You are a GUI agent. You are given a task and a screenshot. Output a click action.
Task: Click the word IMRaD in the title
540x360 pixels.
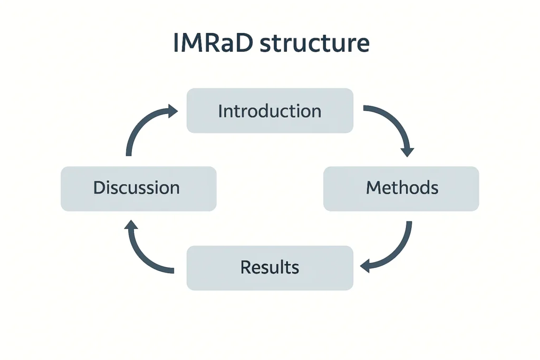coord(214,44)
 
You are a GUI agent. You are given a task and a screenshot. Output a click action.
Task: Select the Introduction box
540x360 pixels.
coord(269,111)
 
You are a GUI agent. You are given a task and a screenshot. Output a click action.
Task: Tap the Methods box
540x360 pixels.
coord(401,188)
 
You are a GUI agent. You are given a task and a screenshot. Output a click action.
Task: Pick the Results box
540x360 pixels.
coord(269,267)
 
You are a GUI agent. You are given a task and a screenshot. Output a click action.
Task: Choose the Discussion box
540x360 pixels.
coord(138,188)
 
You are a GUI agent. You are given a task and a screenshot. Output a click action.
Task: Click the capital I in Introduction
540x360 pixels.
coord(220,111)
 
